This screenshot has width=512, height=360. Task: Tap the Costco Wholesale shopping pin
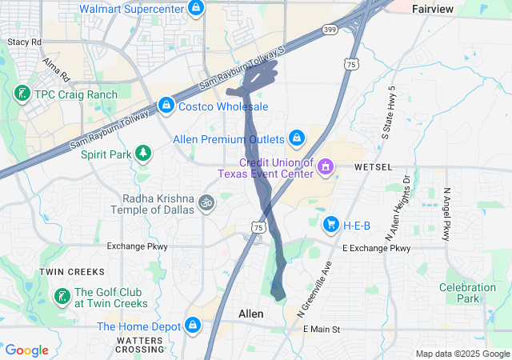[x=166, y=106]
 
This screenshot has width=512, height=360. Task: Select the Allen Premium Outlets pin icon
[x=297, y=138]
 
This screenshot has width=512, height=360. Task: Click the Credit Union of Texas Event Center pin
[x=326, y=167]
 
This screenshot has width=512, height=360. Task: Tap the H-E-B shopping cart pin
[x=330, y=225]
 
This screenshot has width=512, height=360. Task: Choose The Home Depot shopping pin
[x=192, y=326]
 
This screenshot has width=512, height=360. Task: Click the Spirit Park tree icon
[x=143, y=153]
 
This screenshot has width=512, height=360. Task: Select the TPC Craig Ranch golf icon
[x=21, y=94]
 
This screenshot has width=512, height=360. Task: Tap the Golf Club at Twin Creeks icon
[x=61, y=298]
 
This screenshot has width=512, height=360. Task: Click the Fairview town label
[x=433, y=8]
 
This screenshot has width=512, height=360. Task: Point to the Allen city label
[x=251, y=314]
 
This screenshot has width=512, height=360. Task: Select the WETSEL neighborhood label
[x=374, y=167]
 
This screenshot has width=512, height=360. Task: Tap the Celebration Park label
[x=467, y=293]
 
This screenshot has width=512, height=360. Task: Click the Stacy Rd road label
[x=23, y=41]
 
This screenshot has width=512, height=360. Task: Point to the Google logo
[x=26, y=350]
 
